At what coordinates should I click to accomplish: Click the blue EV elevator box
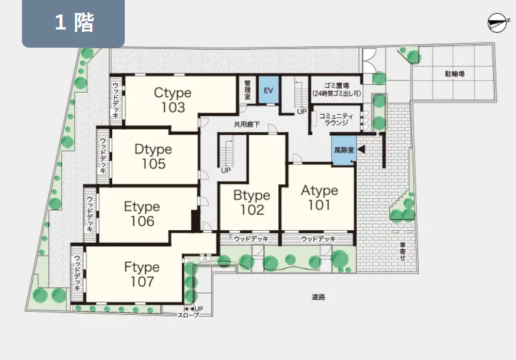pos(268,90)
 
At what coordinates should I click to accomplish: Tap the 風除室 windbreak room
pos(344,151)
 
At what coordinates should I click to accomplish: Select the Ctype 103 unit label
pos(173,100)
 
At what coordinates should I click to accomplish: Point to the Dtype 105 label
pos(154,157)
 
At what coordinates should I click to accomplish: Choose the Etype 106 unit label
pos(142,214)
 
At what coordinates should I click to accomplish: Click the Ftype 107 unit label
pos(142,274)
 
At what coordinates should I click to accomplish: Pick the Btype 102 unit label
pos(252,203)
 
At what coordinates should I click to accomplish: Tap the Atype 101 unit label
pos(320,198)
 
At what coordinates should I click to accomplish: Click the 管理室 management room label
pos(248,90)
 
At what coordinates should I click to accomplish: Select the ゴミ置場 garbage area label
pos(337,86)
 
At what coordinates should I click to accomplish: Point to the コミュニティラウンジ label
pos(336,119)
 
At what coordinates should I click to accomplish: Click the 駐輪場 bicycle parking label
pos(455,74)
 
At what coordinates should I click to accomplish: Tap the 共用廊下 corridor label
pos(247,124)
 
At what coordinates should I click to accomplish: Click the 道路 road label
pos(319,297)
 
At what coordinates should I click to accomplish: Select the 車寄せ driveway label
pos(403,251)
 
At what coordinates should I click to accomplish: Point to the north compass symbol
pos(497,23)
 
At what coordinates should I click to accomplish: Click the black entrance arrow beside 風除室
pos(361,149)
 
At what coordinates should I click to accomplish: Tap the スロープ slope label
pos(189,315)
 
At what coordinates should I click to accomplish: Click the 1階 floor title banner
pos(73,23)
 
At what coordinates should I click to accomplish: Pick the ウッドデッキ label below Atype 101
pos(319,239)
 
